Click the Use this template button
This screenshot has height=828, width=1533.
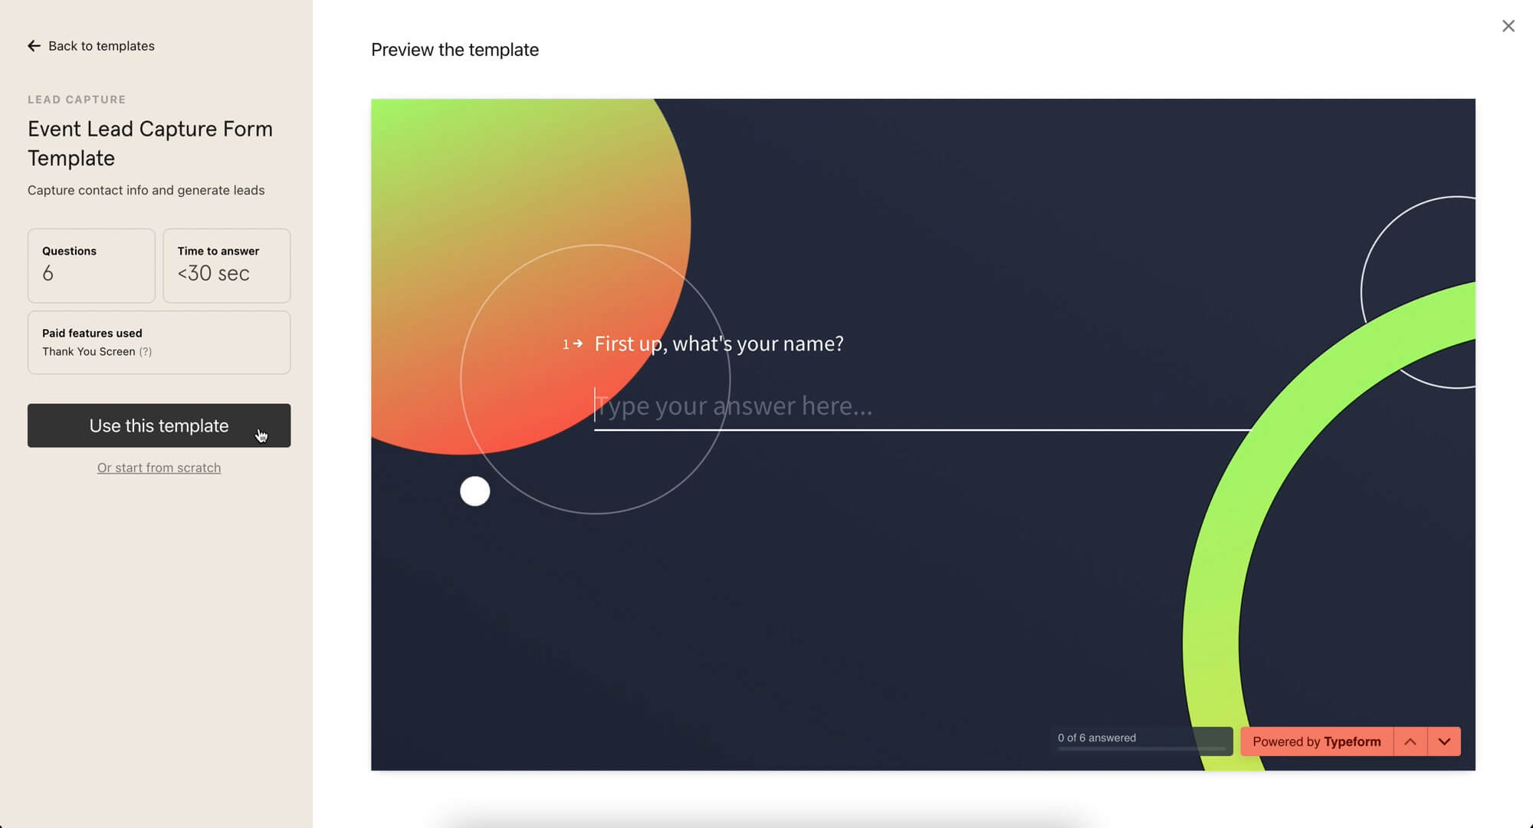tap(159, 426)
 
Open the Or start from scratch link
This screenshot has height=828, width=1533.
tap(159, 468)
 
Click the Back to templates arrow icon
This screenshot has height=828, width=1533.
tap(34, 46)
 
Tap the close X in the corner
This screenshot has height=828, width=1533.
tap(1508, 26)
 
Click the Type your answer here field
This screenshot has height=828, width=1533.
tap(923, 406)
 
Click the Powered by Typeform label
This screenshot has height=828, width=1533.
tap(1317, 741)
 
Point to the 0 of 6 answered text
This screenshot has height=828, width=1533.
tap(1097, 738)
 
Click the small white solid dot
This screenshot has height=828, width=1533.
tap(475, 491)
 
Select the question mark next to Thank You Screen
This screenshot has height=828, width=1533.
tap(146, 352)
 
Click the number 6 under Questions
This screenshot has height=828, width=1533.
tap(48, 274)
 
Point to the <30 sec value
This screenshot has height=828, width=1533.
tap(214, 274)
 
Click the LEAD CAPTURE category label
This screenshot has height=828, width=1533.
tap(77, 100)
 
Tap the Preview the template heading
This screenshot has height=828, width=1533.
tap(455, 50)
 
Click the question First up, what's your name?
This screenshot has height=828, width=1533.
tap(719, 343)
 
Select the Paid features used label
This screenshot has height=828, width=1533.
tap(92, 333)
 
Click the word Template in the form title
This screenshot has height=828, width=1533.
tap(71, 158)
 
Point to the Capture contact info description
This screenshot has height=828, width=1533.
tap(146, 190)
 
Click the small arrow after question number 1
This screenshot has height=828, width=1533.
tap(578, 344)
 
